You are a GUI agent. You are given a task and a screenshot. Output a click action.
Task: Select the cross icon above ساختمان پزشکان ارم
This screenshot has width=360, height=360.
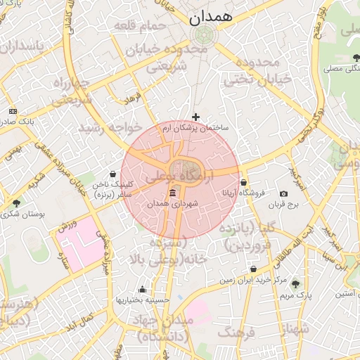pyautogui.click(x=195, y=117)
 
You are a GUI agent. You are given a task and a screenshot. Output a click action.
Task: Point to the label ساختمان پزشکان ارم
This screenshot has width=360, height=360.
pyautogui.click(x=195, y=128)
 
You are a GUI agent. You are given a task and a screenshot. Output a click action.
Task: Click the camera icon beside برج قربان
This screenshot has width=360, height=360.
pyautogui.click(x=283, y=193)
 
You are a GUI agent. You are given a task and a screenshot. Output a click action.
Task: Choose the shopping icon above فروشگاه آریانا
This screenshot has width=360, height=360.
pyautogui.click(x=243, y=182)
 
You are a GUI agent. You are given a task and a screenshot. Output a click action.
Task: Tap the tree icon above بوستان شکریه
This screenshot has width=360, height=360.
pyautogui.click(x=16, y=203)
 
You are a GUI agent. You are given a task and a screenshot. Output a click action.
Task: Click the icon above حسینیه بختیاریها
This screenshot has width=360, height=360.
pyautogui.click(x=143, y=289)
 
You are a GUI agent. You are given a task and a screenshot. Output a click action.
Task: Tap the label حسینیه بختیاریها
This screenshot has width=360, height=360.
pyautogui.click(x=143, y=300)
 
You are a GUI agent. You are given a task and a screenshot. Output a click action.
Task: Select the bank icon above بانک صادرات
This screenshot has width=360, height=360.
pyautogui.click(x=13, y=111)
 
